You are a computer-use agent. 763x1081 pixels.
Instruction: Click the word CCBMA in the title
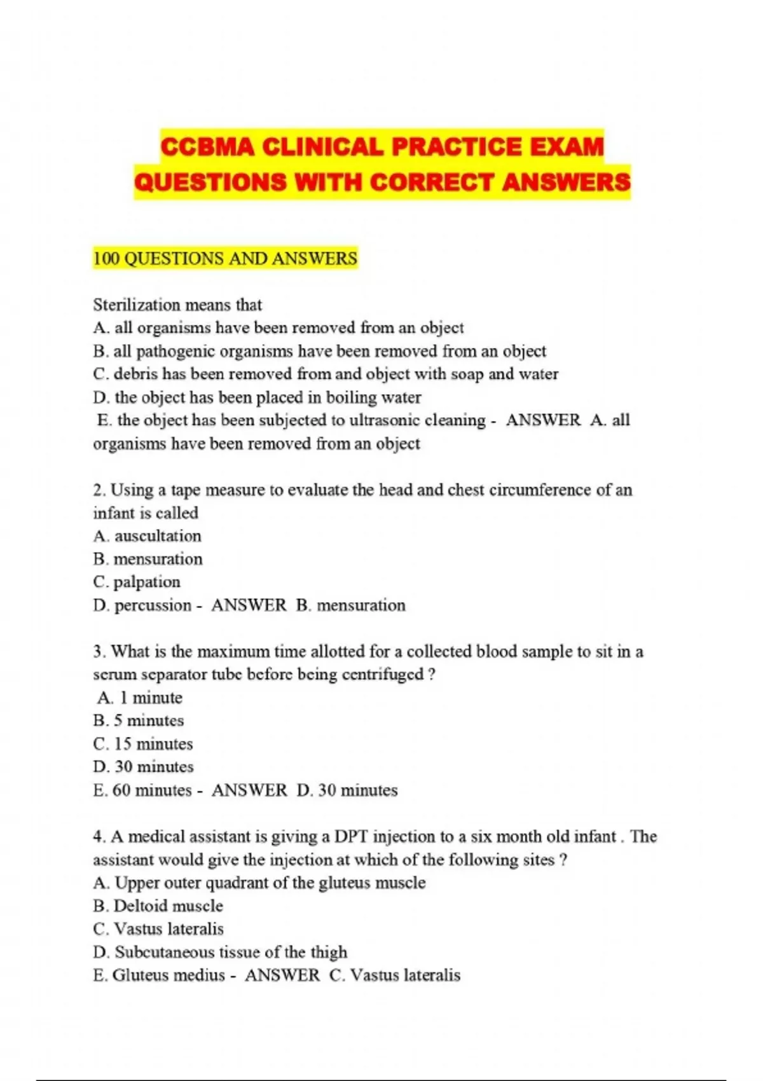coord(207,148)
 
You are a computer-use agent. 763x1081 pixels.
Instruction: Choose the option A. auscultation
coord(147,536)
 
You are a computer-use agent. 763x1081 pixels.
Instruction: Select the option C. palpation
coord(137,582)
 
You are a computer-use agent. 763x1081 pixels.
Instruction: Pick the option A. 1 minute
coord(140,698)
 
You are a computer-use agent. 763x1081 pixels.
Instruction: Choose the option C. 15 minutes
coord(142,744)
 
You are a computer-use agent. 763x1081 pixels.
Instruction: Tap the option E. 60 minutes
coord(142,790)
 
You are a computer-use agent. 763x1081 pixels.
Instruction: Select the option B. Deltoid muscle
coord(158,906)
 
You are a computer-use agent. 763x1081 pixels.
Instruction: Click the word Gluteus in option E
coord(137,975)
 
